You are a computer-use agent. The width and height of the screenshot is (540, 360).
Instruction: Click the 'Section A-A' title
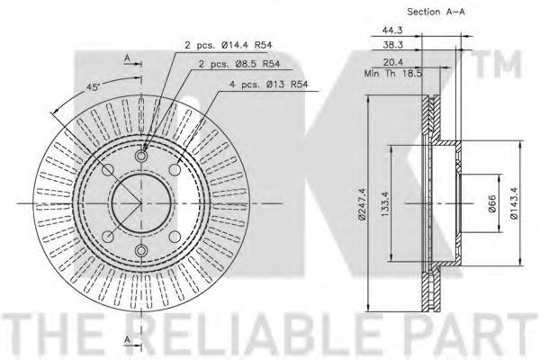tap(436, 12)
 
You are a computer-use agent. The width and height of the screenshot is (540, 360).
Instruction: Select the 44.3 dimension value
tap(392, 30)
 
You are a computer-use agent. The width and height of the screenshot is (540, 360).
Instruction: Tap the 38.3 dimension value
tap(392, 44)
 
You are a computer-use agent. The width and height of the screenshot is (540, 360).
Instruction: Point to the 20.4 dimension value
tap(393, 62)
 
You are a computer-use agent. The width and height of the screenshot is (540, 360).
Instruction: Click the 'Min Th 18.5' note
tap(393, 74)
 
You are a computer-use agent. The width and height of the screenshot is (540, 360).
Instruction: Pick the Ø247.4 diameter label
tap(362, 203)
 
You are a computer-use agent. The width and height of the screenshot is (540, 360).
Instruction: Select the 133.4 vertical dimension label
tap(385, 204)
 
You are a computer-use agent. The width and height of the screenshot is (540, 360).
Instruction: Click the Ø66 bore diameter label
tap(491, 203)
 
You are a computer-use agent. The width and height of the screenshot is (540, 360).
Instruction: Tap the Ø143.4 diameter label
tap(515, 203)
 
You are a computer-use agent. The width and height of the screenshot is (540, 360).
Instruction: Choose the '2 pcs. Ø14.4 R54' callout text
tap(229, 45)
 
